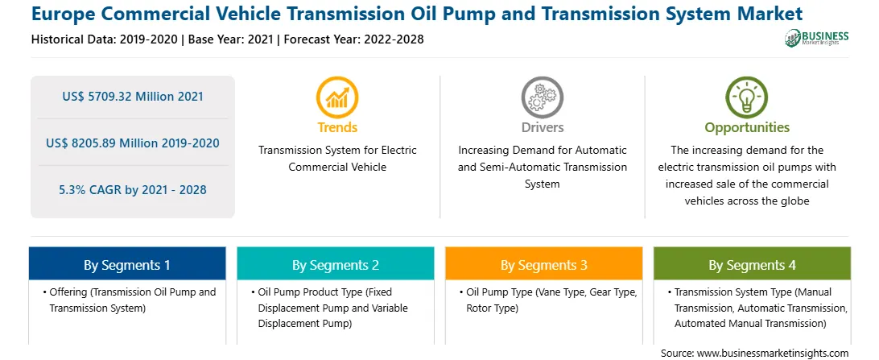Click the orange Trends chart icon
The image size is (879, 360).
337,97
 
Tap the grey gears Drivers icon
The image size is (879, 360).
542,97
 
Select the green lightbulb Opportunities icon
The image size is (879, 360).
747,97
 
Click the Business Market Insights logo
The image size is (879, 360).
817,38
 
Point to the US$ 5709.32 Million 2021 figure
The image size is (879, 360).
132,97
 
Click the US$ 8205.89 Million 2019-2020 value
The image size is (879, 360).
132,143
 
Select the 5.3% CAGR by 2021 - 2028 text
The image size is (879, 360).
132,190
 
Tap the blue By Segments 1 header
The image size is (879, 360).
127,263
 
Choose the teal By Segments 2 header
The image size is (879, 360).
335,263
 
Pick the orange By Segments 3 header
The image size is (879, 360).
544,263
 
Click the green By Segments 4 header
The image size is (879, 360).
753,263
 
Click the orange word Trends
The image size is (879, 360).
337,127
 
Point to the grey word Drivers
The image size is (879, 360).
542,127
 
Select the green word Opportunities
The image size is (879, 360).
747,128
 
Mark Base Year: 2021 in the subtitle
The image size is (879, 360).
230,39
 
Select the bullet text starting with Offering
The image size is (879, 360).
128,300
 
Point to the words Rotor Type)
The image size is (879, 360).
492,308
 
